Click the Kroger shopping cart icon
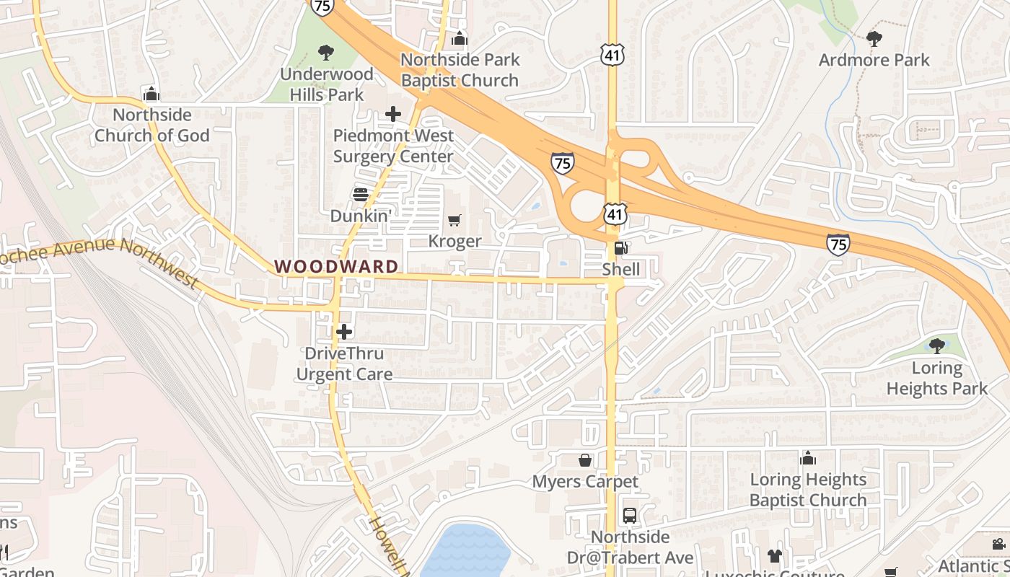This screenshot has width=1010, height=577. [454, 220]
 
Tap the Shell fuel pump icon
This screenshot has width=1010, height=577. [620, 249]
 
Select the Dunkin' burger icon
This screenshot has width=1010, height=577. [360, 194]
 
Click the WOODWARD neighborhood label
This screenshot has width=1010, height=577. [336, 266]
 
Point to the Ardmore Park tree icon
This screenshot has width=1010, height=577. [874, 38]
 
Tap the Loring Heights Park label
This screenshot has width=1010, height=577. [936, 378]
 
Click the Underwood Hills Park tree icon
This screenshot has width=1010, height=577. [326, 52]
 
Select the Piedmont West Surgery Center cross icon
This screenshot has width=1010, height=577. [392, 114]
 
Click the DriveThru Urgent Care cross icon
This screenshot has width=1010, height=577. [344, 332]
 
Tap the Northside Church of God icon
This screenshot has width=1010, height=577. [151, 94]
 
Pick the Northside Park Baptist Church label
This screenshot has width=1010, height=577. [460, 70]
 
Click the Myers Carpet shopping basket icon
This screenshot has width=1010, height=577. [585, 459]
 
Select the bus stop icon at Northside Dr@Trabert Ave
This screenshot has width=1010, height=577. [630, 515]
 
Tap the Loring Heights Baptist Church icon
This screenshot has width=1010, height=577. [807, 458]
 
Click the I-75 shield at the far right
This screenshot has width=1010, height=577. [838, 244]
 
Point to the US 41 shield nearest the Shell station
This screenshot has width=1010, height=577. [615, 213]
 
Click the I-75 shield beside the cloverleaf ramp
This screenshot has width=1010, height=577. [562, 163]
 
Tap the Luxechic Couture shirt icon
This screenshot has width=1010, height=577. [774, 555]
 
